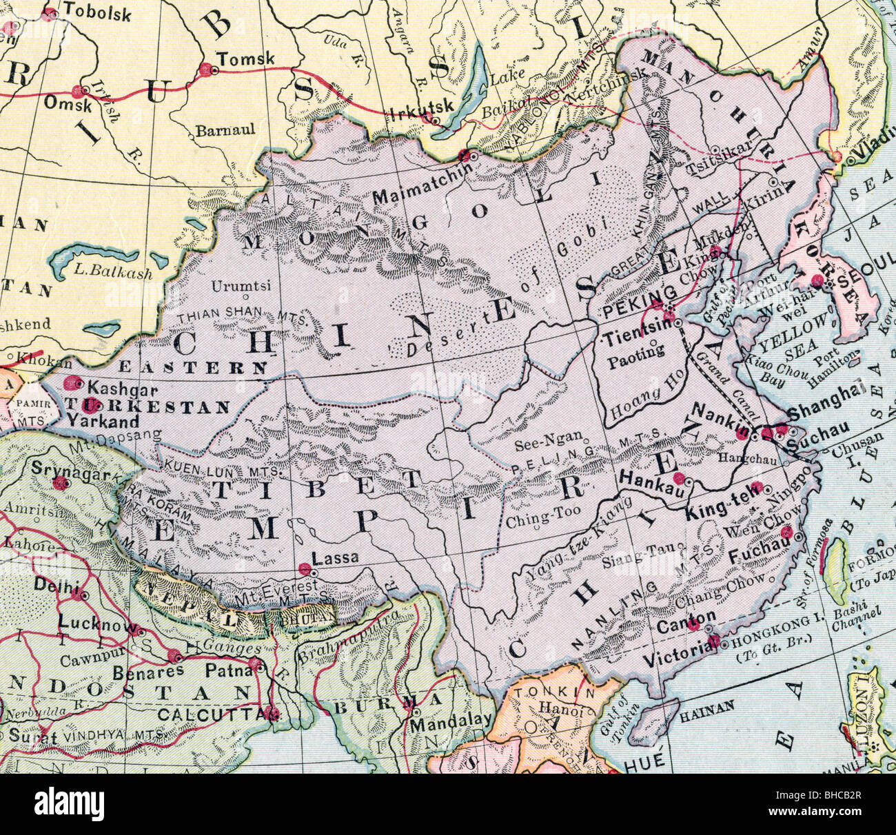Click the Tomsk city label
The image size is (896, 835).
(245, 59)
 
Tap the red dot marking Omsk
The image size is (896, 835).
(77, 90)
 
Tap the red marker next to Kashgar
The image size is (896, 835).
(70, 382)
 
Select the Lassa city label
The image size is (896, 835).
(336, 558)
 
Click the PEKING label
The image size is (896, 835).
(633, 312)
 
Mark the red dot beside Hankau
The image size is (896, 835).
(679, 478)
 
